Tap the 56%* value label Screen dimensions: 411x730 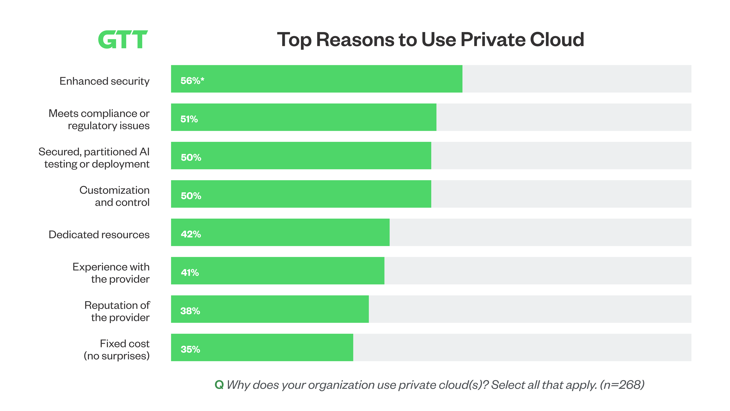pyautogui.click(x=192, y=81)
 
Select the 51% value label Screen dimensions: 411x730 pyautogui.click(x=189, y=119)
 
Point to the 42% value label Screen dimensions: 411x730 pyautogui.click(x=191, y=234)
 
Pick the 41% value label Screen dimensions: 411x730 pyautogui.click(x=190, y=273)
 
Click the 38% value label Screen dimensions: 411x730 pyautogui.click(x=190, y=311)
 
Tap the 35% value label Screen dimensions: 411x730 pyautogui.click(x=190, y=349)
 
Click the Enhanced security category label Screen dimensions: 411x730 pyautogui.click(x=104, y=81)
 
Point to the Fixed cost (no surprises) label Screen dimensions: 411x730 pyautogui.click(x=116, y=350)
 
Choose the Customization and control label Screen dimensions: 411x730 pyautogui.click(x=114, y=196)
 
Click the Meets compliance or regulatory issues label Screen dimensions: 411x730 pyautogui.click(x=99, y=119)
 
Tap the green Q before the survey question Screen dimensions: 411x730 pyautogui.click(x=219, y=385)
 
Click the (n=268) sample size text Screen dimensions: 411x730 pyautogui.click(x=622, y=385)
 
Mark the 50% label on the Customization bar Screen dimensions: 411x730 pyautogui.click(x=191, y=196)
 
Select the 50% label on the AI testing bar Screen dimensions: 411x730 pyautogui.click(x=191, y=158)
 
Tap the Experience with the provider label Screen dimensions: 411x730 pyautogui.click(x=111, y=273)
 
